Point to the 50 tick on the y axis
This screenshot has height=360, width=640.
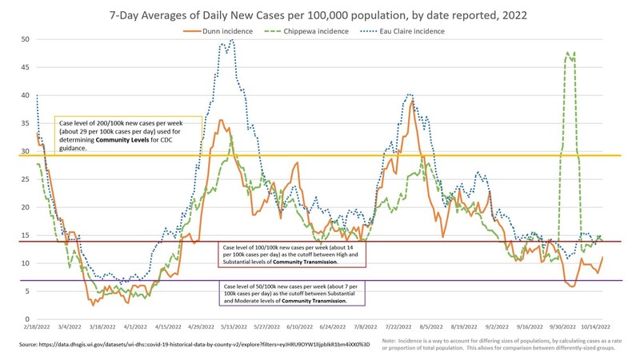(x=25, y=39)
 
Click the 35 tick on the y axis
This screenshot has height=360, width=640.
(x=25, y=123)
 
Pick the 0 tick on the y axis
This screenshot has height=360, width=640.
(x=27, y=319)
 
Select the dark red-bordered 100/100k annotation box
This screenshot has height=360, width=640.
(x=306, y=254)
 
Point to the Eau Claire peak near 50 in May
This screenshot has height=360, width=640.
(x=232, y=40)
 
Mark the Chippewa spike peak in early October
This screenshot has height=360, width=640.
(x=567, y=53)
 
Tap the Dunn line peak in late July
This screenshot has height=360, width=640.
(x=412, y=102)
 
